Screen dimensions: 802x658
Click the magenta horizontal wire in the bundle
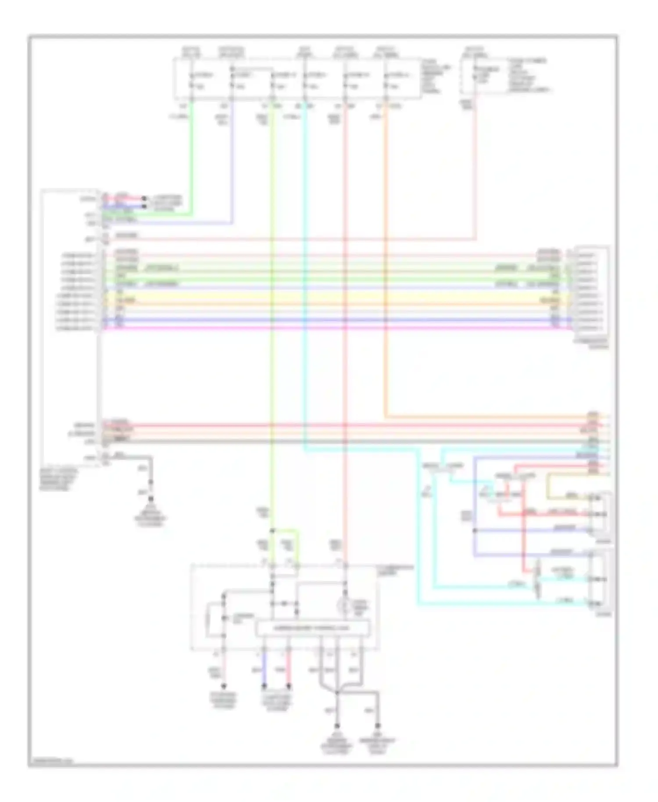point(333,328)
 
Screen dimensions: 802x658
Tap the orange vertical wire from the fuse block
point(386,263)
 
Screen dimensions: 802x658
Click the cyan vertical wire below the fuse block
point(305,263)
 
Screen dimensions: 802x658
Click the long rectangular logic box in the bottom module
point(313,628)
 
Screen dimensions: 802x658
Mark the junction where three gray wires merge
point(337,693)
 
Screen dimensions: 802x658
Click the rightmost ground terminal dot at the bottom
point(378,726)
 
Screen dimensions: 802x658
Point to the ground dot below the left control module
point(151,499)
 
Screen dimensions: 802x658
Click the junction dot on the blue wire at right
point(474,530)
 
